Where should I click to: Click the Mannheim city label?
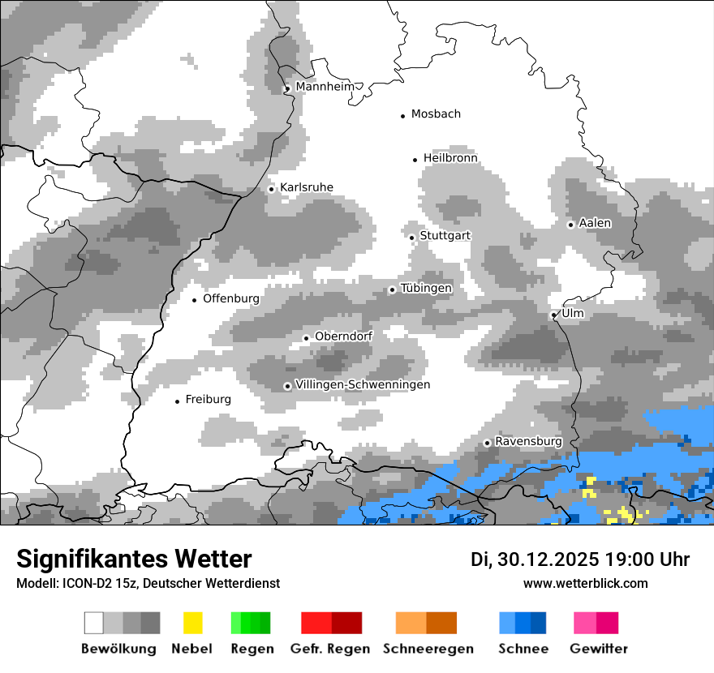point(326,87)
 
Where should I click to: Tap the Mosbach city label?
point(436,114)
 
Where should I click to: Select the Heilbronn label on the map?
point(450,158)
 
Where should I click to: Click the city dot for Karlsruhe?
point(272,189)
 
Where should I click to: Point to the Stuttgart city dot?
point(412,238)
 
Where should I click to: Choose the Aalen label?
point(595,223)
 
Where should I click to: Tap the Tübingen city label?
point(426,288)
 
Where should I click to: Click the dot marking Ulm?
point(553,315)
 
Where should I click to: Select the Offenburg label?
point(231,298)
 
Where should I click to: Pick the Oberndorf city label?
point(343,336)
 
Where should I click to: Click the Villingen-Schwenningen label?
point(363,384)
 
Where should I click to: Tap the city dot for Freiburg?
point(178,401)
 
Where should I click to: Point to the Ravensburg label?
point(528,441)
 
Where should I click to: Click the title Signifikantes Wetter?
point(134,559)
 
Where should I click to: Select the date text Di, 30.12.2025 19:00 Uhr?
point(580,559)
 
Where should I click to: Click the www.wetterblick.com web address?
point(585,583)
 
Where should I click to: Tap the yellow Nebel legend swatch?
point(192,623)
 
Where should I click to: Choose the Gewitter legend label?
point(599,649)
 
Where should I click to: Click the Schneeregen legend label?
point(428,649)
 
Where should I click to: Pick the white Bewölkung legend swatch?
point(94,623)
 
